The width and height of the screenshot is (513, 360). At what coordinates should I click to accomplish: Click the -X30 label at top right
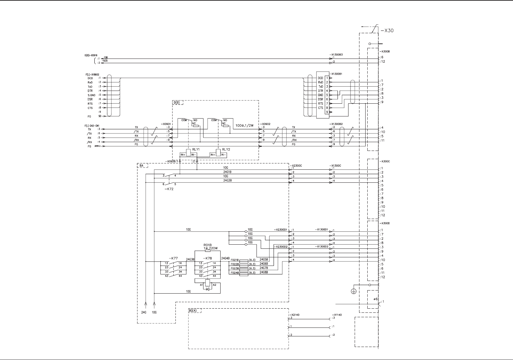pos(387,30)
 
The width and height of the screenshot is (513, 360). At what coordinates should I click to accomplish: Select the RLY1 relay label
pos(196,150)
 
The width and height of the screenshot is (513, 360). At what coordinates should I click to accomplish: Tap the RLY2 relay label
pos(225,150)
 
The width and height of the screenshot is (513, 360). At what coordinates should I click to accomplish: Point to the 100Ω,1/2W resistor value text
pos(245,125)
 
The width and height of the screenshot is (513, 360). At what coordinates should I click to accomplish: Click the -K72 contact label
pos(169,189)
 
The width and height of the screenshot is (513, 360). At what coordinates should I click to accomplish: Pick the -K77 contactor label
pos(173,258)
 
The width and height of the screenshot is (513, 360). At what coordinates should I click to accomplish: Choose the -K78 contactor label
pos(208,258)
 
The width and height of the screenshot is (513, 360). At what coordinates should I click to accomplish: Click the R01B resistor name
pos(207,245)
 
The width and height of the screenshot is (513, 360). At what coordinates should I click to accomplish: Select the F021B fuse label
pos(235,260)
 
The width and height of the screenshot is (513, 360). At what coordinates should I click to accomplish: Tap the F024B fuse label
pos(235,273)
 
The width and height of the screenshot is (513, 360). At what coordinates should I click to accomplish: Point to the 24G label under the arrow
pos(144,312)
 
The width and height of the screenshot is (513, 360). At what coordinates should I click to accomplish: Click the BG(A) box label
pos(193,311)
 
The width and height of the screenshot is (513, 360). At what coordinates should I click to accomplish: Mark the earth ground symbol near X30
pos(354,291)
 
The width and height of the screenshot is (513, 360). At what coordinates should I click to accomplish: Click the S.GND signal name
pos(91,95)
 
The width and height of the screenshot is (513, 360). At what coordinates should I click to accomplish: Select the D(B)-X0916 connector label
pos(91,55)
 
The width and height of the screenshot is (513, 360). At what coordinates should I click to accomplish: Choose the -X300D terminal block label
pos(385,223)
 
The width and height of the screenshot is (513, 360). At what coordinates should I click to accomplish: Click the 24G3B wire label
pos(190,259)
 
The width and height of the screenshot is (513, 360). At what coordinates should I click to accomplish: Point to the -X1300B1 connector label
pos(337,74)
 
